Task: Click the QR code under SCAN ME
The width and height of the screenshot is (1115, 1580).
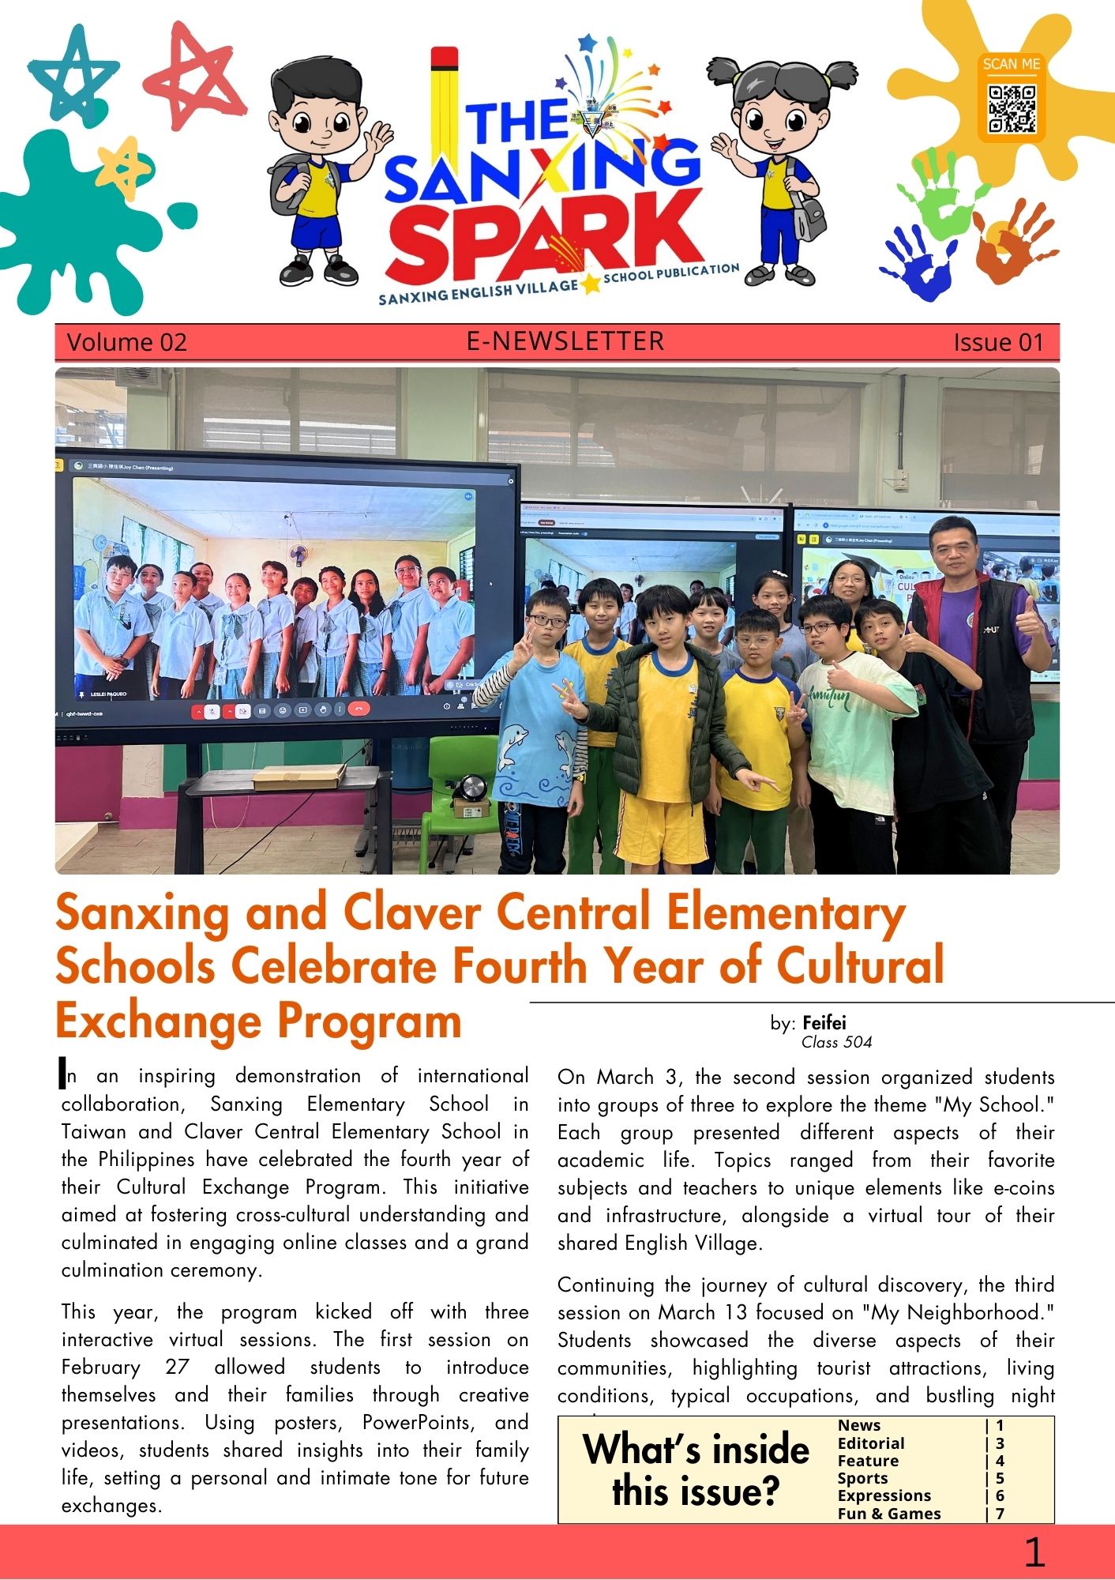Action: pos(1012,108)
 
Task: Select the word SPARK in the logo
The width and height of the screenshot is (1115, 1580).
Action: pos(543,235)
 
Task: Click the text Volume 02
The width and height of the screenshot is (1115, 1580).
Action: pos(126,342)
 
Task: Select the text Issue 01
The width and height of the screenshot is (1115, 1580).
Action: pos(998,342)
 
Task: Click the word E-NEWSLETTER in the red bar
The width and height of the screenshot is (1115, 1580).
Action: pos(565,341)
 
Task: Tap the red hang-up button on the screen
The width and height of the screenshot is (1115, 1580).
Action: pos(359,709)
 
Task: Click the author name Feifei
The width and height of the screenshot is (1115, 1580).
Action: pos(824,1023)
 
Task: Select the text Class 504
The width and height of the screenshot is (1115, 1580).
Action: pos(836,1042)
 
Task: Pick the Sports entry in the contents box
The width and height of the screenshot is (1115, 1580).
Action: pos(862,1478)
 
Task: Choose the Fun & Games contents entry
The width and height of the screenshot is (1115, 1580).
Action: pos(889,1514)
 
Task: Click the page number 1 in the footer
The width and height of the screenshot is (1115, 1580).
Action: pos(1034,1552)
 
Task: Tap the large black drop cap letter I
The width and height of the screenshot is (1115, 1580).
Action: pos(63,1073)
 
